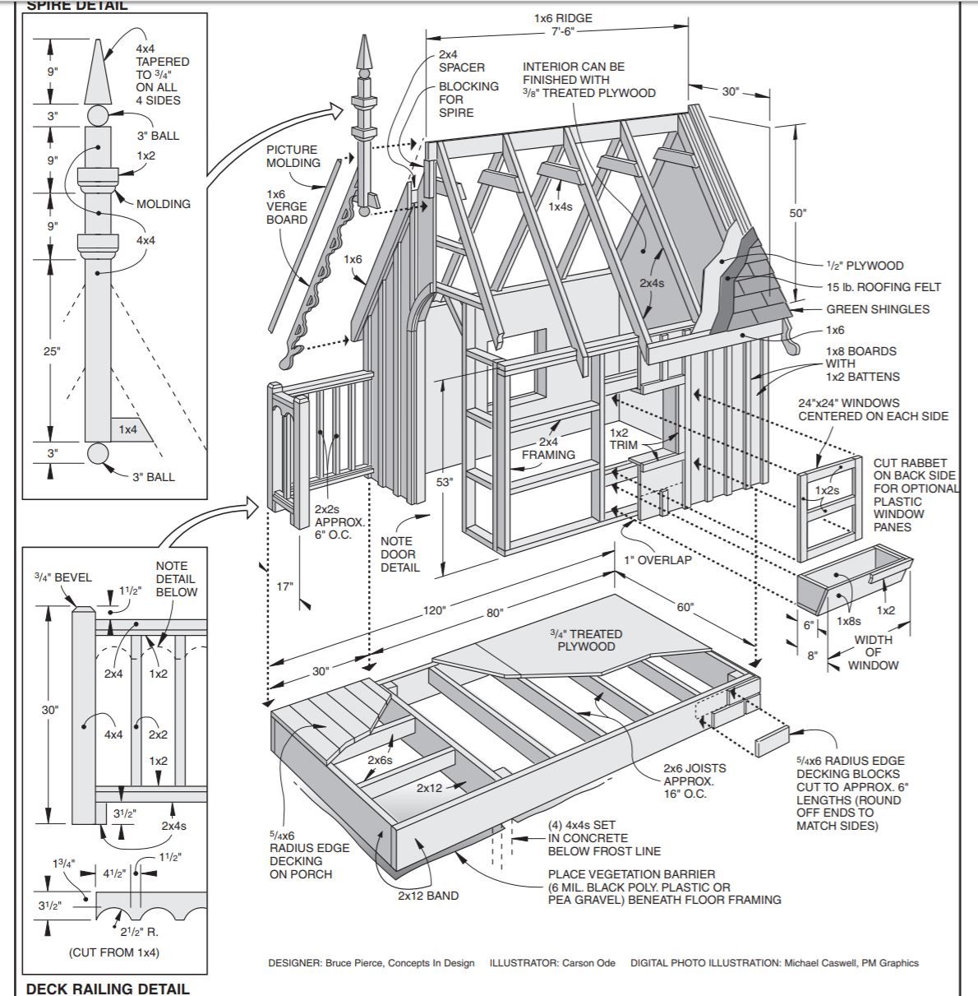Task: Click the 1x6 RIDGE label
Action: pyautogui.click(x=563, y=18)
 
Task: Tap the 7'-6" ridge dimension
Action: pyautogui.click(x=563, y=31)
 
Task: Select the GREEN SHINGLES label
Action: pyautogui.click(x=878, y=309)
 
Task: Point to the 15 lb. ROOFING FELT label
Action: pyautogui.click(x=883, y=287)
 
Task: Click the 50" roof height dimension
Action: pyautogui.click(x=798, y=213)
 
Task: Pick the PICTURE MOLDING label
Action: pyautogui.click(x=293, y=156)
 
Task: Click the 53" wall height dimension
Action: pyautogui.click(x=445, y=482)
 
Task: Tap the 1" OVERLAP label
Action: pyautogui.click(x=657, y=560)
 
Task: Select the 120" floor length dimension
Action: pyautogui.click(x=434, y=610)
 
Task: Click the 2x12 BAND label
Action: pyautogui.click(x=428, y=896)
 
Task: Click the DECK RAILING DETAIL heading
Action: pyautogui.click(x=108, y=989)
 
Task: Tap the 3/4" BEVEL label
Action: pyautogui.click(x=63, y=577)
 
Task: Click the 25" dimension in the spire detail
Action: pyautogui.click(x=52, y=351)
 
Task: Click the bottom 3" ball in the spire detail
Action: pyautogui.click(x=98, y=454)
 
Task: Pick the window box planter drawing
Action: pyautogui.click(x=855, y=578)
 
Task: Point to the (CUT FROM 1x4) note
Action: pyautogui.click(x=114, y=952)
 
